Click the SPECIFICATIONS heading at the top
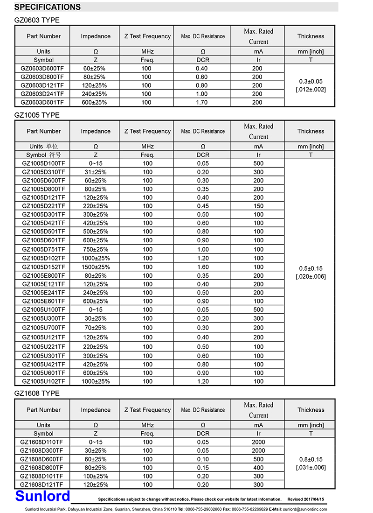click(x=47, y=7)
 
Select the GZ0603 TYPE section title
click(x=37, y=20)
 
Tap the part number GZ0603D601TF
click(x=42, y=102)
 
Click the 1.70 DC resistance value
click(x=202, y=102)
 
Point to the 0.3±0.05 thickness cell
click(x=311, y=81)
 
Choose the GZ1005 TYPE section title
click(x=37, y=115)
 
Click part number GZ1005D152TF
click(x=44, y=267)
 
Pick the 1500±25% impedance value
click(x=96, y=267)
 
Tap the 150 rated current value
click(x=258, y=206)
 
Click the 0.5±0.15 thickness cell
click(x=311, y=268)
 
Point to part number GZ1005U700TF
click(x=44, y=328)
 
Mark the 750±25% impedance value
click(x=96, y=249)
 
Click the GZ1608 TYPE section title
click(x=37, y=393)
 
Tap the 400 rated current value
click(x=258, y=467)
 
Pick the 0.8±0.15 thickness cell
click(x=311, y=459)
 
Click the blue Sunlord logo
click(x=42, y=495)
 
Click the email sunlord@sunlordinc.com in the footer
click(x=305, y=509)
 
